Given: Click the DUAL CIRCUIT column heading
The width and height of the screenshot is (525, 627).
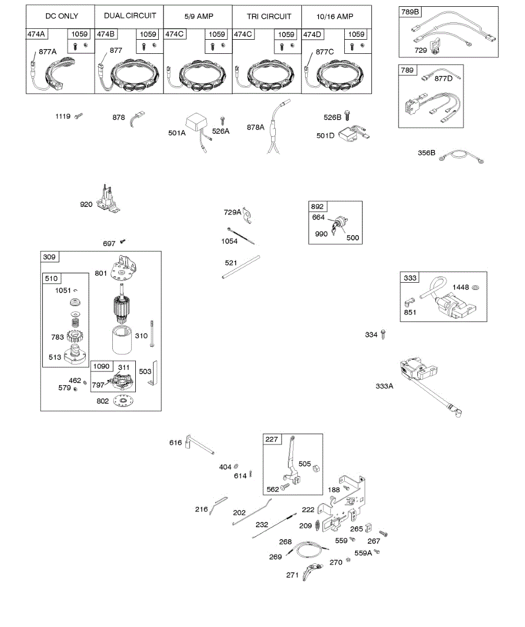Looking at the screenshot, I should click(130, 16).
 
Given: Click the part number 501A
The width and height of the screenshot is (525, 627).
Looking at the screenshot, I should click(177, 133).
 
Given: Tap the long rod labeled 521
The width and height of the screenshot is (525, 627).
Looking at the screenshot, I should click(241, 267).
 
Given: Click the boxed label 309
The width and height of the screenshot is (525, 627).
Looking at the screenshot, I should click(50, 257).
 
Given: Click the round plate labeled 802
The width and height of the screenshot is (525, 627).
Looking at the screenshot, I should click(124, 400).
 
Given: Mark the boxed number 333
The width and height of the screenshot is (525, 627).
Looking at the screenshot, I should click(410, 278).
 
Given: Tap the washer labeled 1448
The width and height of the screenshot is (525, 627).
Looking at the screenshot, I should click(476, 287).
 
